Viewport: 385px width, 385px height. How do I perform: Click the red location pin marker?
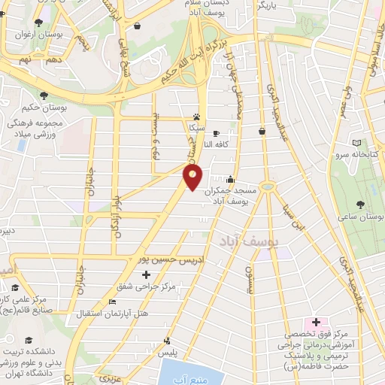[x=192, y=178]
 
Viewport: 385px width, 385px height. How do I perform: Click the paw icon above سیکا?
[x=197, y=117]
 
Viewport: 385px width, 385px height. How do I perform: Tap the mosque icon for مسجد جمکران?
[x=229, y=180]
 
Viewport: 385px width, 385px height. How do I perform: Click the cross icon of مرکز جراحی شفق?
[x=146, y=274]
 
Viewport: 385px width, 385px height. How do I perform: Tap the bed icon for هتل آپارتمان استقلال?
[x=113, y=302]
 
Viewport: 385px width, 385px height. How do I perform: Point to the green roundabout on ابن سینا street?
[x=267, y=186]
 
